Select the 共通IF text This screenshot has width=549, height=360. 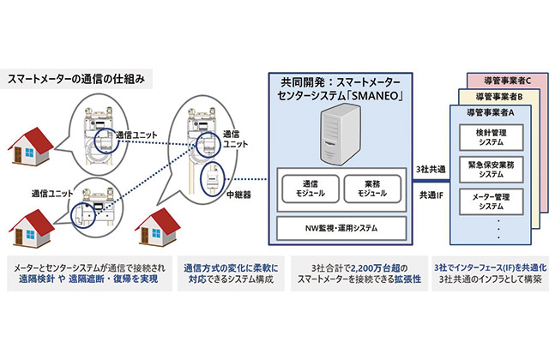click(427, 196)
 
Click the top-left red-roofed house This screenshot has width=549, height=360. click(33, 136)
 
